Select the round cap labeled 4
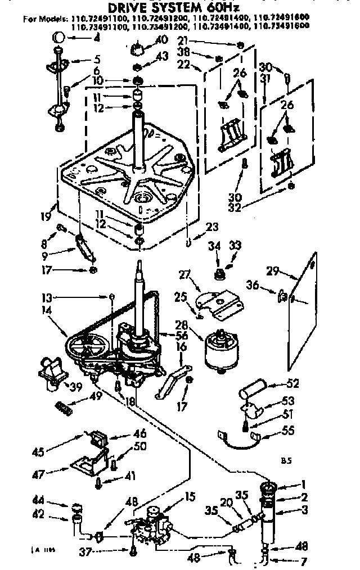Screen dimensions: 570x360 (58, 37)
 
